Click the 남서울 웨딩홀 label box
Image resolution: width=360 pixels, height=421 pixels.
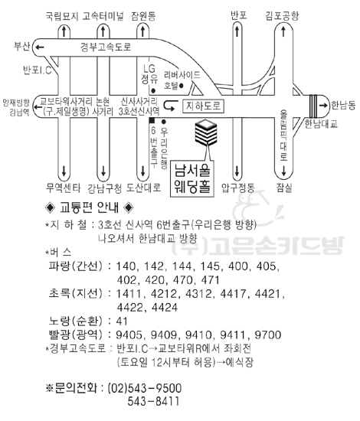[192, 178]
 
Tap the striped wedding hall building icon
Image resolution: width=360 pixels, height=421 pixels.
[206, 132]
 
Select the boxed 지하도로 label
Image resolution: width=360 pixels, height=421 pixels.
[203, 106]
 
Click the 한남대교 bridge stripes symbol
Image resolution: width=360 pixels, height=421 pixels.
[313, 106]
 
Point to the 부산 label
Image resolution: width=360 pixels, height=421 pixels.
[21, 46]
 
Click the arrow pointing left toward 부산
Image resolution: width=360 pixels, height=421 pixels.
[40, 47]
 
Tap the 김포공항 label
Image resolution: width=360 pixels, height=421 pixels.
[282, 15]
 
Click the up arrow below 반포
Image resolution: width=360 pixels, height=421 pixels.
[237, 31]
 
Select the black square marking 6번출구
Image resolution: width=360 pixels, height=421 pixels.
[152, 120]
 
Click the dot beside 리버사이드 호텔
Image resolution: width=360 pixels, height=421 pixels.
[182, 86]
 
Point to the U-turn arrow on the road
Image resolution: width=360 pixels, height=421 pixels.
[171, 106]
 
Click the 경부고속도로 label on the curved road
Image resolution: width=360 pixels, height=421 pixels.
[106, 47]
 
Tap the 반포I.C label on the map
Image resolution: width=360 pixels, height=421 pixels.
[37, 70]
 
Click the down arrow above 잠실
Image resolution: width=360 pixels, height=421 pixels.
[283, 171]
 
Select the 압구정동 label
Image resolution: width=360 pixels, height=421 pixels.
[238, 188]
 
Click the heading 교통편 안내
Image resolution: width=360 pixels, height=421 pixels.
[89, 207]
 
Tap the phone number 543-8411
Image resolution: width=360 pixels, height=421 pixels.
[153, 401]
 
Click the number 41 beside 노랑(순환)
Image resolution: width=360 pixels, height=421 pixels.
[122, 321]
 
